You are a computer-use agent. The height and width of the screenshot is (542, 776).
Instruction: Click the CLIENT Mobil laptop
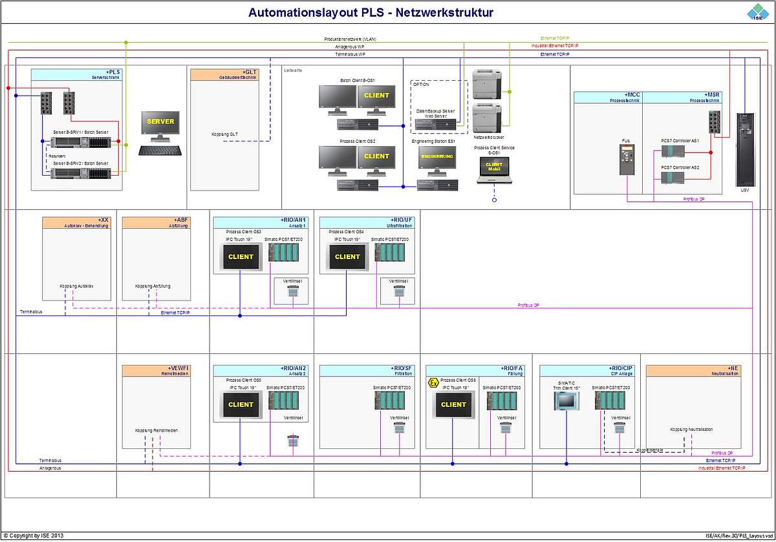click(x=493, y=169)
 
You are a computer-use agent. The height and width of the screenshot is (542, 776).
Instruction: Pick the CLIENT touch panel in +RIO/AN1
click(x=241, y=256)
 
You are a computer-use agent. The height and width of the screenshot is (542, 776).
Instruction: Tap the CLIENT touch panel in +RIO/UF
click(x=347, y=256)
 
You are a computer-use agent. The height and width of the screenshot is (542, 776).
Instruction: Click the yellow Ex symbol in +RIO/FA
click(x=433, y=383)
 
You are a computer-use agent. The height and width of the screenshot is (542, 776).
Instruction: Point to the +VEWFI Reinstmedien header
click(x=156, y=370)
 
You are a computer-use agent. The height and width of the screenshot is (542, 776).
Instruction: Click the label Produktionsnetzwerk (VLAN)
click(x=350, y=39)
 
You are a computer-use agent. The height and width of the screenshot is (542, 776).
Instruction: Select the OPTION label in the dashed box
click(x=420, y=84)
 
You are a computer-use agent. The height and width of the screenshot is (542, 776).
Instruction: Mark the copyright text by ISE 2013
click(x=33, y=536)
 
